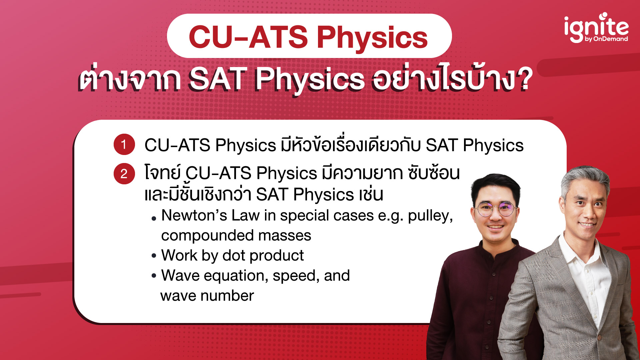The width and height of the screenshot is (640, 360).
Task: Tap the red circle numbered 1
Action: [x=124, y=145]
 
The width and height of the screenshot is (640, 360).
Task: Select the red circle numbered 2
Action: [x=124, y=174]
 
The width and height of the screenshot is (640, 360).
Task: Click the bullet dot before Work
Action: [x=154, y=256]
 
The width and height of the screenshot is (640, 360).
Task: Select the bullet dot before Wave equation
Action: [x=154, y=276]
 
